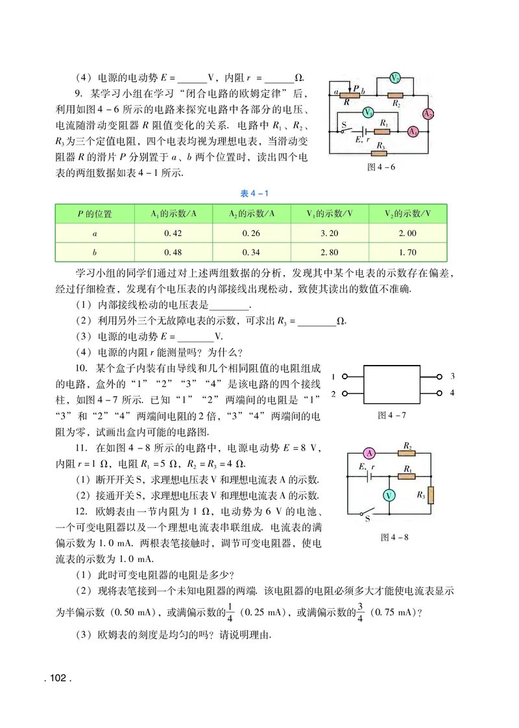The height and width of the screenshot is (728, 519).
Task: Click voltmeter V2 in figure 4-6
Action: click(x=394, y=77)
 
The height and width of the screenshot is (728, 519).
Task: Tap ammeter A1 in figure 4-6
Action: click(x=412, y=131)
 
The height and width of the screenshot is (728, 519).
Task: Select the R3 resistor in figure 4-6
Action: click(x=381, y=154)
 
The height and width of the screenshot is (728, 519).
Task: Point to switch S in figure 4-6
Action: click(x=344, y=130)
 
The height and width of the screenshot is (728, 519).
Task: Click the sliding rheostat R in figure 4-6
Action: click(x=349, y=95)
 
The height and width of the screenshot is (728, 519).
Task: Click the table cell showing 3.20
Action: click(x=329, y=233)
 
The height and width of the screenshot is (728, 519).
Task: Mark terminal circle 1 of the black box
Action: click(x=345, y=377)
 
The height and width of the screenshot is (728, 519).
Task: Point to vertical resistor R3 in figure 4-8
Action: click(x=430, y=495)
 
